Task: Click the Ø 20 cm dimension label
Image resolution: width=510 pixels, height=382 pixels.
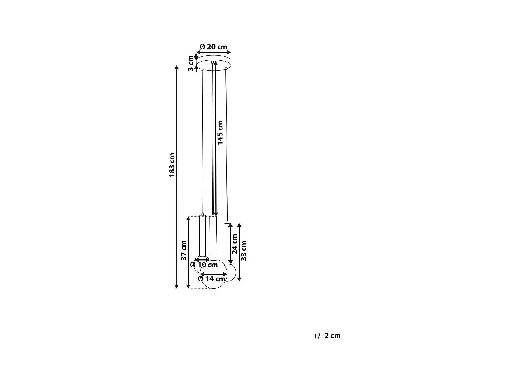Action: point(214,47)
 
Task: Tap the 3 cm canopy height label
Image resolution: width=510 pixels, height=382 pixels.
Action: point(191,63)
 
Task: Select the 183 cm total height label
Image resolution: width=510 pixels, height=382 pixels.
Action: point(172,165)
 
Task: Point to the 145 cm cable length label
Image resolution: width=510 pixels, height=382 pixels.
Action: point(220,133)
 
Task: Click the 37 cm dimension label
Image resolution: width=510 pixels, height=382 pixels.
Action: point(184,251)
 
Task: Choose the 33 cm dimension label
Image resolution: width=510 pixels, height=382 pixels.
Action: point(243,251)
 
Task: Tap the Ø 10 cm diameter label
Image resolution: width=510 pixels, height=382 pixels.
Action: point(204,265)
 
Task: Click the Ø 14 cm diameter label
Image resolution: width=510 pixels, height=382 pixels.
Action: point(211,279)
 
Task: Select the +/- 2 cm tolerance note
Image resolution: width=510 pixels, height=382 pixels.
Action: point(327,336)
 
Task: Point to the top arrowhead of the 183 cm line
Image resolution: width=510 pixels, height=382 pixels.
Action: point(176,67)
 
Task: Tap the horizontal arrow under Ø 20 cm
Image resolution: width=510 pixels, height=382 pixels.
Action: point(214,52)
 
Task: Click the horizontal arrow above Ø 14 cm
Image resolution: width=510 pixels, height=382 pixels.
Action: point(214,274)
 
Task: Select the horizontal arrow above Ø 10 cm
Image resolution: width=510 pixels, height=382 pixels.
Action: point(202,259)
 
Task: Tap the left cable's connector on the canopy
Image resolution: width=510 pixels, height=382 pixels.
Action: point(202,69)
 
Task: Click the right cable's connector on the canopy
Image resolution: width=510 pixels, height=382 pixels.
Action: point(225,69)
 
